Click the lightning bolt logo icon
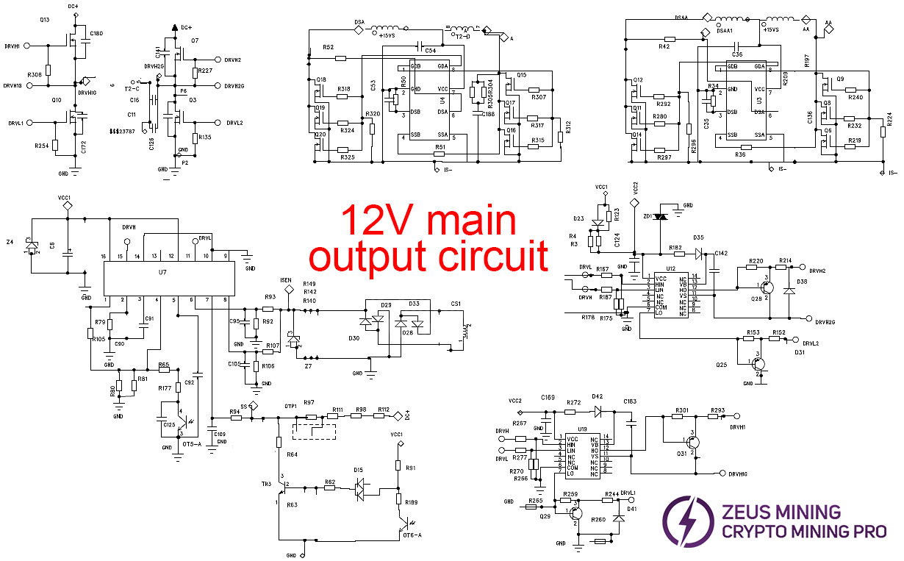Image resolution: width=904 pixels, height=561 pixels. point(688,521)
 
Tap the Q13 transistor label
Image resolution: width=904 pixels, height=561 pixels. point(44,20)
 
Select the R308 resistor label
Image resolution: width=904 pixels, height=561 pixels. point(34,75)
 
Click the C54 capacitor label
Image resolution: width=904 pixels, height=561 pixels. point(430,50)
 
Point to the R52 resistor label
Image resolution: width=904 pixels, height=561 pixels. point(328,47)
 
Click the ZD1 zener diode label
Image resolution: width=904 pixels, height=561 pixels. point(647,217)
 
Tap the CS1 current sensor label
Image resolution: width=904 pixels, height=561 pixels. point(456,304)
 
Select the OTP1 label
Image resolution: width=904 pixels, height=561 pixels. point(290,406)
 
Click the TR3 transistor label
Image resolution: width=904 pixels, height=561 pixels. point(266,483)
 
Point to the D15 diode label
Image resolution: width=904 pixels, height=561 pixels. point(358,470)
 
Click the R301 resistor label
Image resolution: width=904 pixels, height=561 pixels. point(681,410)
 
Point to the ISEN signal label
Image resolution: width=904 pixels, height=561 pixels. point(287,280)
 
